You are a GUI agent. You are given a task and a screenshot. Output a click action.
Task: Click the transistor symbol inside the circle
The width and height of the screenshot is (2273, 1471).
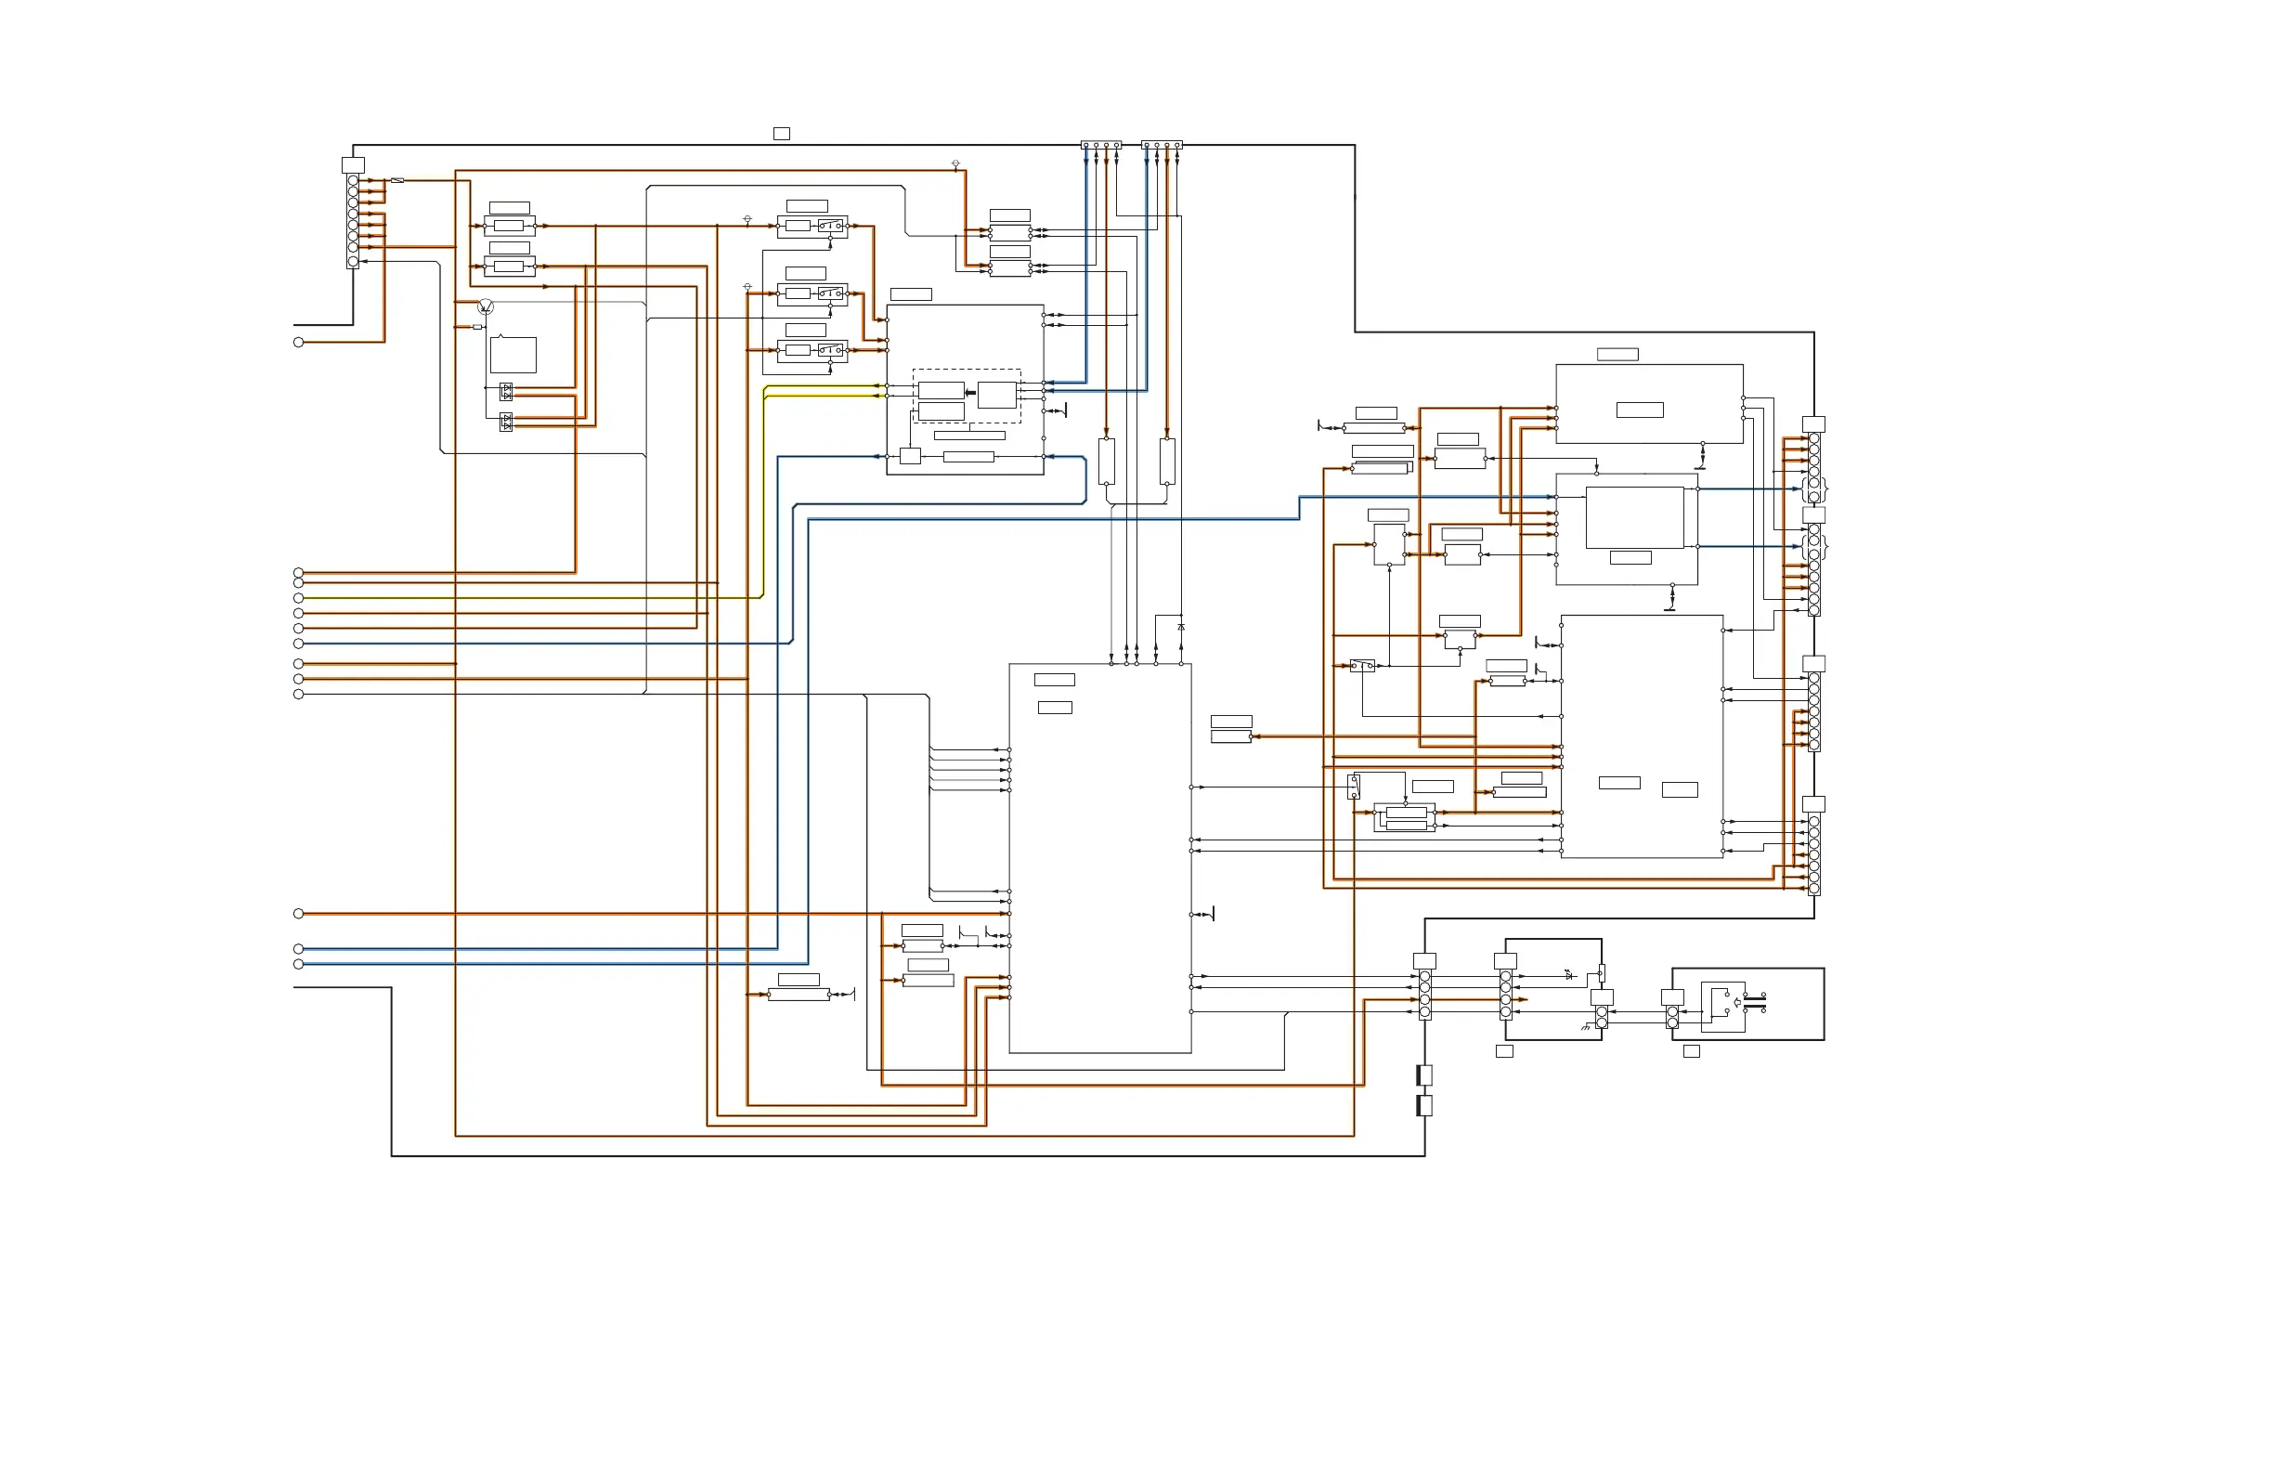tap(486, 306)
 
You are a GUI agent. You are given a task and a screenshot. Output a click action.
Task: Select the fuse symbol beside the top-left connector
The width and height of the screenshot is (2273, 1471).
tap(397, 180)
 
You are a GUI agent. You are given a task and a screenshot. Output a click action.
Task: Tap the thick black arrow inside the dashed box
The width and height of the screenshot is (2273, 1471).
tap(970, 393)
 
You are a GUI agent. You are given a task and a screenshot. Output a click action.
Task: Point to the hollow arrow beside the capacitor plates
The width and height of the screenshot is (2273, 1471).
tap(1737, 1002)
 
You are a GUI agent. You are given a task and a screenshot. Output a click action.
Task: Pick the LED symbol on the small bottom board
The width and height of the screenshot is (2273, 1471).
tap(1568, 974)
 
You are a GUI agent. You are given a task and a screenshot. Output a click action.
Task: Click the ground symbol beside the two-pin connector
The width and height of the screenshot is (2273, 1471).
tap(1586, 1027)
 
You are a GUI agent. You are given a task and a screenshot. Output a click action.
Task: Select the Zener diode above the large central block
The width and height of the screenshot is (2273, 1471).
tap(1181, 627)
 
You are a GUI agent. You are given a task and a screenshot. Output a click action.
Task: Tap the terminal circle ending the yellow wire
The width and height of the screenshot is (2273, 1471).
tap(299, 598)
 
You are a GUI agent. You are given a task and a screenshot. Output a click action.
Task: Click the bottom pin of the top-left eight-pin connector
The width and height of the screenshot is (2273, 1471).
tap(354, 262)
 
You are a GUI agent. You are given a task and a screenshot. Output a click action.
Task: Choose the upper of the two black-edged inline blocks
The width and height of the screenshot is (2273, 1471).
tap(1424, 1075)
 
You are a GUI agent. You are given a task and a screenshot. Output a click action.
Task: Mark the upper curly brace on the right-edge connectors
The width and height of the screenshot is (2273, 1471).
tap(1826, 489)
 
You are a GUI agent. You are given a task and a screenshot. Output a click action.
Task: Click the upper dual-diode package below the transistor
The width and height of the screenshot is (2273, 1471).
tap(506, 392)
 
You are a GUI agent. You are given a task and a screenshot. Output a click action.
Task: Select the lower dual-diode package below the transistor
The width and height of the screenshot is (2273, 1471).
tap(506, 422)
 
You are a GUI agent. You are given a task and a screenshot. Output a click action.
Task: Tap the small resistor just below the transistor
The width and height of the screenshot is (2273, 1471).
tap(477, 327)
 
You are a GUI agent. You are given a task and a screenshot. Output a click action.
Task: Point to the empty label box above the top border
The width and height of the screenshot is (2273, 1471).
tap(781, 134)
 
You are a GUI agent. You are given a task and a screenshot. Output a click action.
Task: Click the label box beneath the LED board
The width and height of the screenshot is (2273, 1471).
tap(1504, 1050)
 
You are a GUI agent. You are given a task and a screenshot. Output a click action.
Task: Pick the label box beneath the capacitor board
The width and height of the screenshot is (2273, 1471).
tap(1692, 1050)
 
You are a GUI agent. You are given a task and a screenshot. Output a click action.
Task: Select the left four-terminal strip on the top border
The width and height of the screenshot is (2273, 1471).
tap(1101, 145)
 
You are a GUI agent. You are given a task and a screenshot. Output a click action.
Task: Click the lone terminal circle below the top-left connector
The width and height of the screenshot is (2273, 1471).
tap(299, 342)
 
